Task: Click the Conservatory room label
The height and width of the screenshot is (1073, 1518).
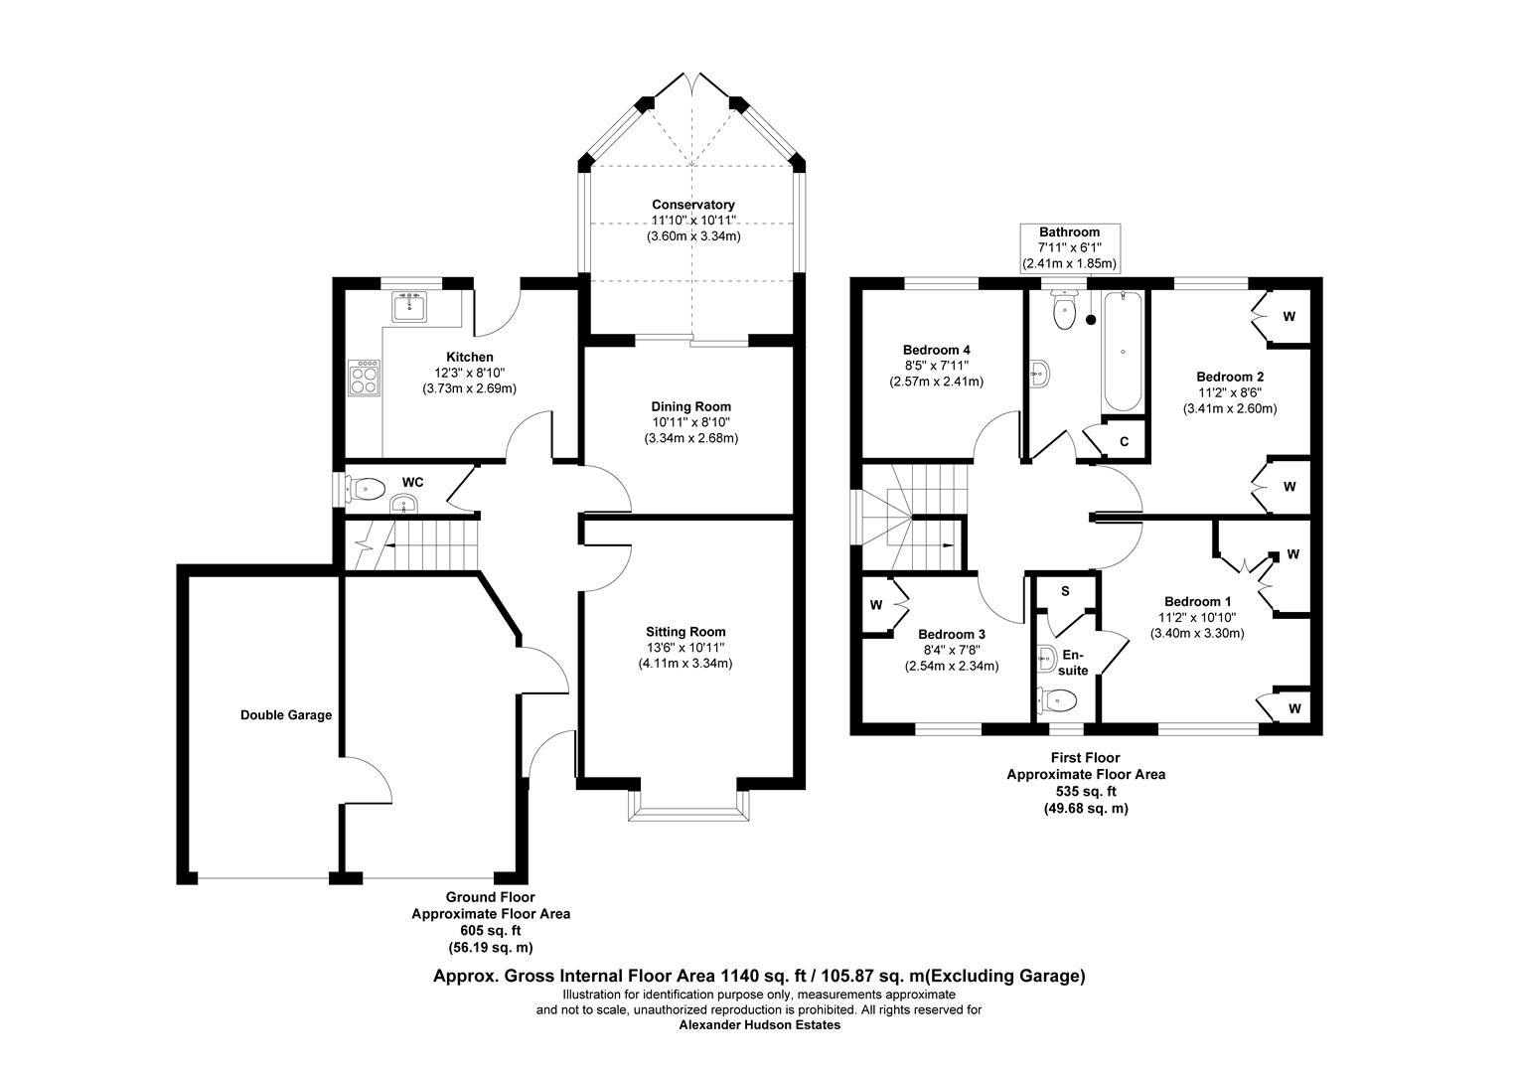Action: (693, 205)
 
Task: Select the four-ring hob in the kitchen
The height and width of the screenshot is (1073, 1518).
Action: (364, 377)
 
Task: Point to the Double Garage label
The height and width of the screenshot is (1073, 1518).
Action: (285, 714)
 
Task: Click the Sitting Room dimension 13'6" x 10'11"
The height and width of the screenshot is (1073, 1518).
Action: (685, 648)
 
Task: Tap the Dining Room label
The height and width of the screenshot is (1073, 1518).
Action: (690, 406)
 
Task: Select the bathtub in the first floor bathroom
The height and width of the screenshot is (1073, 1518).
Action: (1122, 353)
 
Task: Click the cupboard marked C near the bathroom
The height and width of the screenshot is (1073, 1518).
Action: (1124, 441)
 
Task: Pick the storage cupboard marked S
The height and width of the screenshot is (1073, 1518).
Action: (1065, 591)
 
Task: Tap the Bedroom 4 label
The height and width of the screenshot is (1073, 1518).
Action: (936, 350)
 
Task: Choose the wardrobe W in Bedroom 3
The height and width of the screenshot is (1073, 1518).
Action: (877, 604)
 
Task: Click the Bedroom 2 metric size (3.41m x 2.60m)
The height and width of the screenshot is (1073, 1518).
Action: (1229, 408)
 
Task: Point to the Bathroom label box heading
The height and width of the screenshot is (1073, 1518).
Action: (1069, 232)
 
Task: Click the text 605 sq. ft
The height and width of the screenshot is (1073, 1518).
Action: (491, 931)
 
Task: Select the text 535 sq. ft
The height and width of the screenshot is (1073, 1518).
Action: (1086, 792)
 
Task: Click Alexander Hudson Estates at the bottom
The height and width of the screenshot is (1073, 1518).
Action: (759, 1025)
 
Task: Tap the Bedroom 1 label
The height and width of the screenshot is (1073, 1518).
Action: (1197, 601)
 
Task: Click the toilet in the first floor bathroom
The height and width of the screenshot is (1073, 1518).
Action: (1064, 311)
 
